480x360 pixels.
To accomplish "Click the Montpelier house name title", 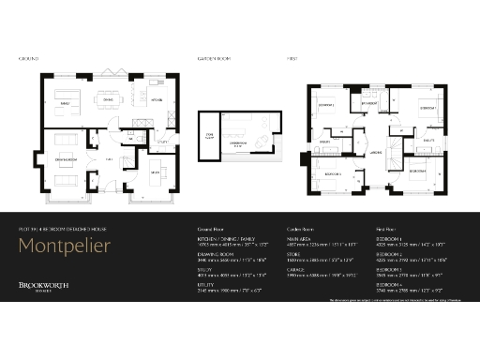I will coord(65,247).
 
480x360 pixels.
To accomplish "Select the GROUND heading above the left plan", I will coord(27,59).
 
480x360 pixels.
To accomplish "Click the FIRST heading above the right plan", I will coord(292,59).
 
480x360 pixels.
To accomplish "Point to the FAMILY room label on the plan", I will coord(66,102).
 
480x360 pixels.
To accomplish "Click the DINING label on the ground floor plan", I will coord(108,97).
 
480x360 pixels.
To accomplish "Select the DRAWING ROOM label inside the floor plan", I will coord(66,158).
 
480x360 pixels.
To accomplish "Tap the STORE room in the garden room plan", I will coord(209,136).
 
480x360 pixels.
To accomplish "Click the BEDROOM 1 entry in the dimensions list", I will coord(389,239).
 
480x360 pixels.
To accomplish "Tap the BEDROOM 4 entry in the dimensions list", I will coord(389,282).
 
